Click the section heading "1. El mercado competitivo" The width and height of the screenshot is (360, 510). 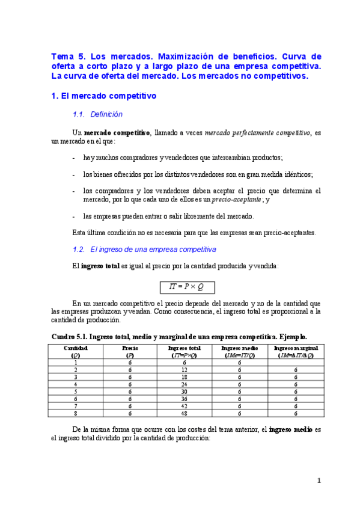(x=104, y=95)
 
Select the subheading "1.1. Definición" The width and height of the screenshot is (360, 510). (x=97, y=114)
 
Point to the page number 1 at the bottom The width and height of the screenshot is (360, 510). (x=320, y=481)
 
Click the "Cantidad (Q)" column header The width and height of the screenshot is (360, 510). (x=76, y=351)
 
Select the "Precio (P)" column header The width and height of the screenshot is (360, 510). (x=130, y=351)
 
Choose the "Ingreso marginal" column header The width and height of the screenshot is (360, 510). (x=296, y=351)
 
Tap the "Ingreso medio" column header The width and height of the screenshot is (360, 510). (x=239, y=351)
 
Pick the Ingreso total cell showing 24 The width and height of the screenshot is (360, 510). (x=185, y=384)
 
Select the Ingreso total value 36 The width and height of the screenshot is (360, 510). (x=185, y=399)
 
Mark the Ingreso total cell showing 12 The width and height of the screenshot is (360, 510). (x=185, y=369)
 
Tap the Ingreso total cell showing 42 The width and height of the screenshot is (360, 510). (x=185, y=406)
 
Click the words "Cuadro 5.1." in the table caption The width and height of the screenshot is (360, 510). (x=70, y=337)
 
